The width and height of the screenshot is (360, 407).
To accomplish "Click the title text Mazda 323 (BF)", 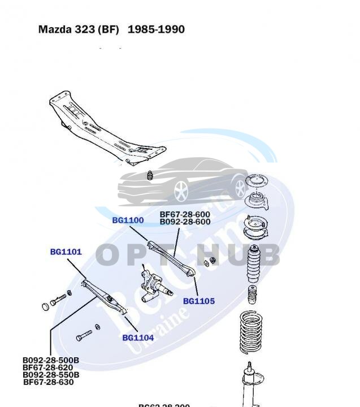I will [x=79, y=29].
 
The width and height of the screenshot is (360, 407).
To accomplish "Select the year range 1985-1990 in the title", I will [x=156, y=29].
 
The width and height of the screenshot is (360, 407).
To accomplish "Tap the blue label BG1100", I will [x=128, y=220].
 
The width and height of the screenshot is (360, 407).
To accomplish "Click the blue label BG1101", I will [x=66, y=252].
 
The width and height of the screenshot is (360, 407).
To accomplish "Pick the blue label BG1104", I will [x=138, y=338].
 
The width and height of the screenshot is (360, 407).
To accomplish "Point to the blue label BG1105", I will [x=199, y=301].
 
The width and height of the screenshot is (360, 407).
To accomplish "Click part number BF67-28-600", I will [x=185, y=215].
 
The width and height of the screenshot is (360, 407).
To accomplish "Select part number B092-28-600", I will [x=185, y=222].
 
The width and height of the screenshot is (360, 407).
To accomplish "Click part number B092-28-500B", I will [x=51, y=360].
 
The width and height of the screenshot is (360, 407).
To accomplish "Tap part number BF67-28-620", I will [x=48, y=367].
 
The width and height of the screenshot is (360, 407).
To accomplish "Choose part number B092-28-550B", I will [x=51, y=375].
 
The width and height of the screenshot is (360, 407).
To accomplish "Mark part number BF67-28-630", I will [x=48, y=382].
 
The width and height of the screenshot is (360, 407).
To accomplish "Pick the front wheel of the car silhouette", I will [x=181, y=191].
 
